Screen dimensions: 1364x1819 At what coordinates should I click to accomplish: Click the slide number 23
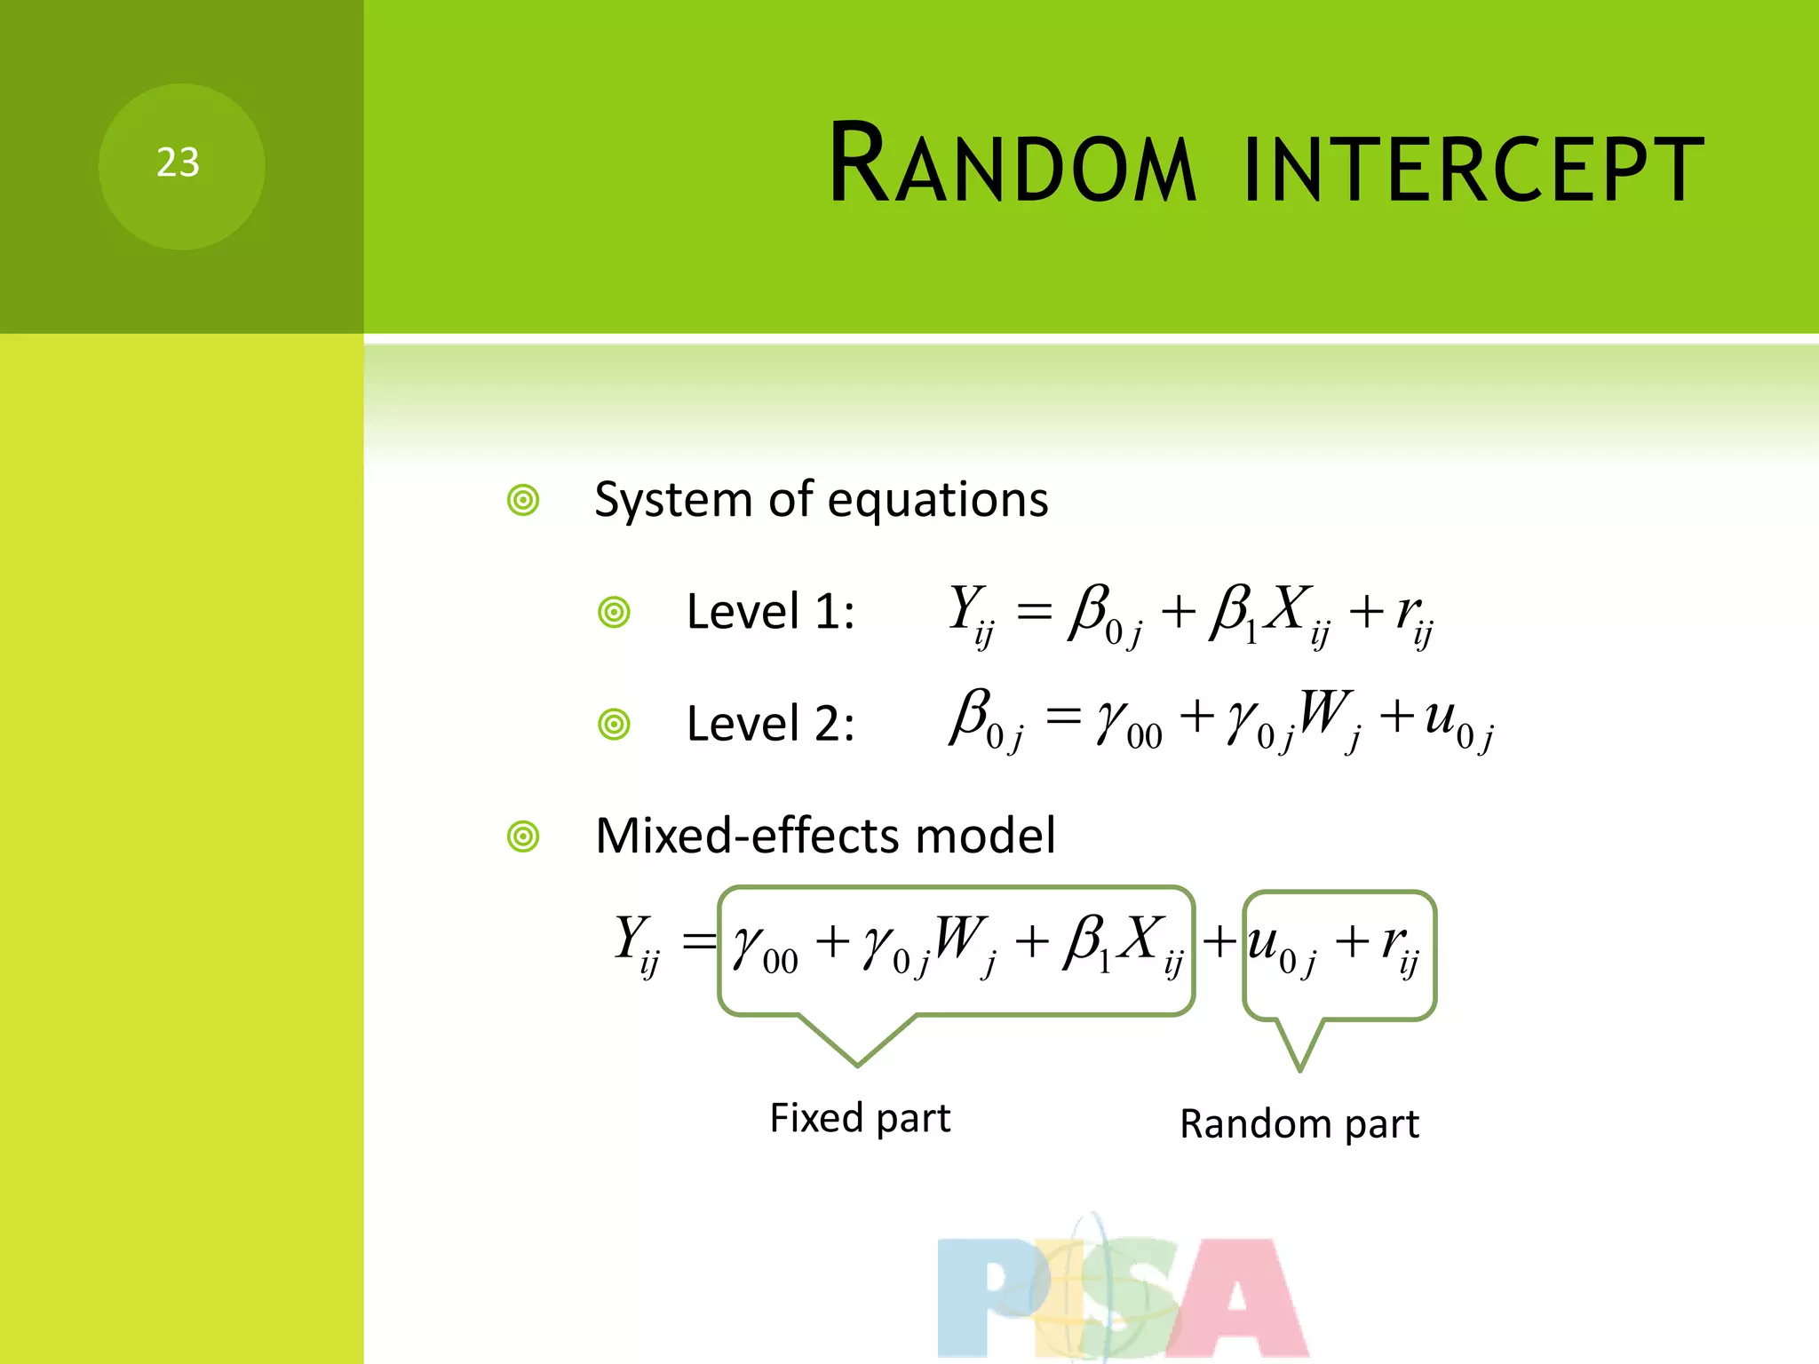(178, 163)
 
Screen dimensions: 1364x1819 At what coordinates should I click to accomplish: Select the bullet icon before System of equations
(523, 500)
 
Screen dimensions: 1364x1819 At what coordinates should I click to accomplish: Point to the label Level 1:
(770, 612)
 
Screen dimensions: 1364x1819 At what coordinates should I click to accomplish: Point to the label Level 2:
(770, 724)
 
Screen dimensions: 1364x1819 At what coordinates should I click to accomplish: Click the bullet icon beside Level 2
(614, 725)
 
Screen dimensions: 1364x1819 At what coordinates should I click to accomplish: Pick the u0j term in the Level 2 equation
(1457, 721)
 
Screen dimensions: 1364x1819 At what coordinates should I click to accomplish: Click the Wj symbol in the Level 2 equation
(1329, 718)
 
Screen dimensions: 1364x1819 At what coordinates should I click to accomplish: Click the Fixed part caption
(859, 1117)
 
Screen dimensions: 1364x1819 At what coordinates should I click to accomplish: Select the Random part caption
(1299, 1124)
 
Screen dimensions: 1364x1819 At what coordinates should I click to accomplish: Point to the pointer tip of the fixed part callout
(857, 1064)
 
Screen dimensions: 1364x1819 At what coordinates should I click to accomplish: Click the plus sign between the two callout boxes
(1219, 941)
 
